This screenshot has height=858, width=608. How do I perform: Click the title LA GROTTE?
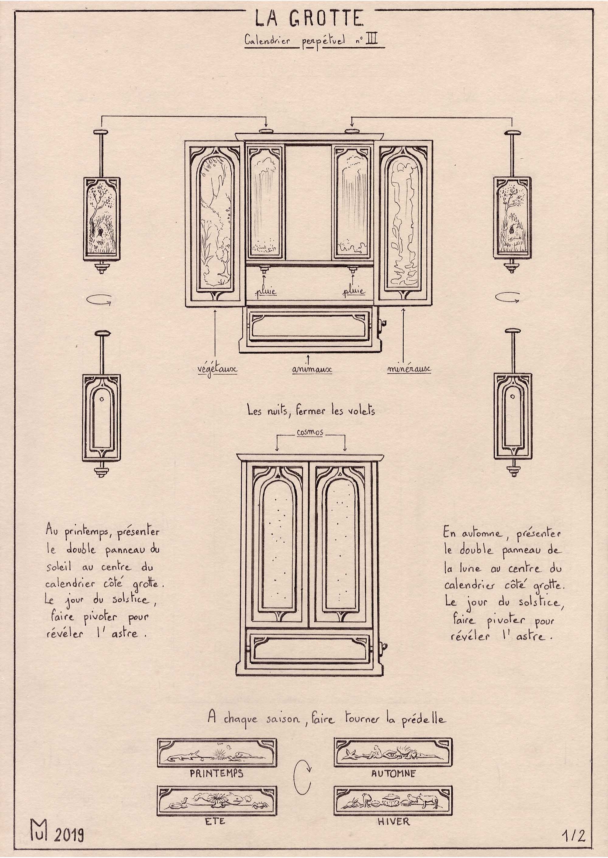[309, 19]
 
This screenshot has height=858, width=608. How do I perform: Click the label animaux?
[312, 370]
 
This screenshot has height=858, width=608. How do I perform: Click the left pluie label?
[265, 291]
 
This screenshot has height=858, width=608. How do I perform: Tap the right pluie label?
[354, 291]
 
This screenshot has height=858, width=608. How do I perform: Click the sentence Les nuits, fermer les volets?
[311, 411]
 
